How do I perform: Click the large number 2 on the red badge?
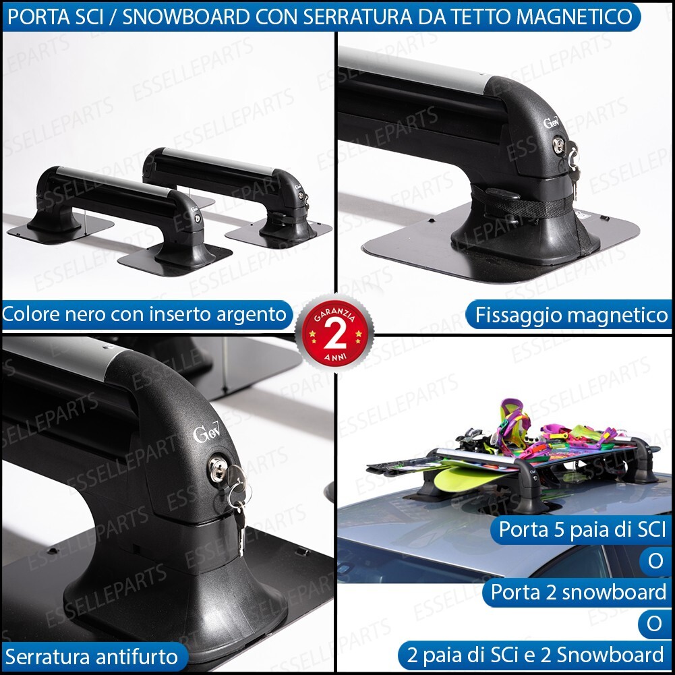click(336, 331)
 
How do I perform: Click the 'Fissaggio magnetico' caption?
click(570, 314)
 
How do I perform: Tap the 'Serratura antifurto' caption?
click(90, 655)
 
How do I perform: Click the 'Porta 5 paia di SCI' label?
click(581, 529)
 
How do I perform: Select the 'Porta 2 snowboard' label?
click(578, 592)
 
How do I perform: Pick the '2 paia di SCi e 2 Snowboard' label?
click(535, 654)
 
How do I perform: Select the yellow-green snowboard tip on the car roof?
click(462, 480)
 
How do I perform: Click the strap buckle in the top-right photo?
click(503, 195)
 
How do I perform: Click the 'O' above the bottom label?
click(653, 624)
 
